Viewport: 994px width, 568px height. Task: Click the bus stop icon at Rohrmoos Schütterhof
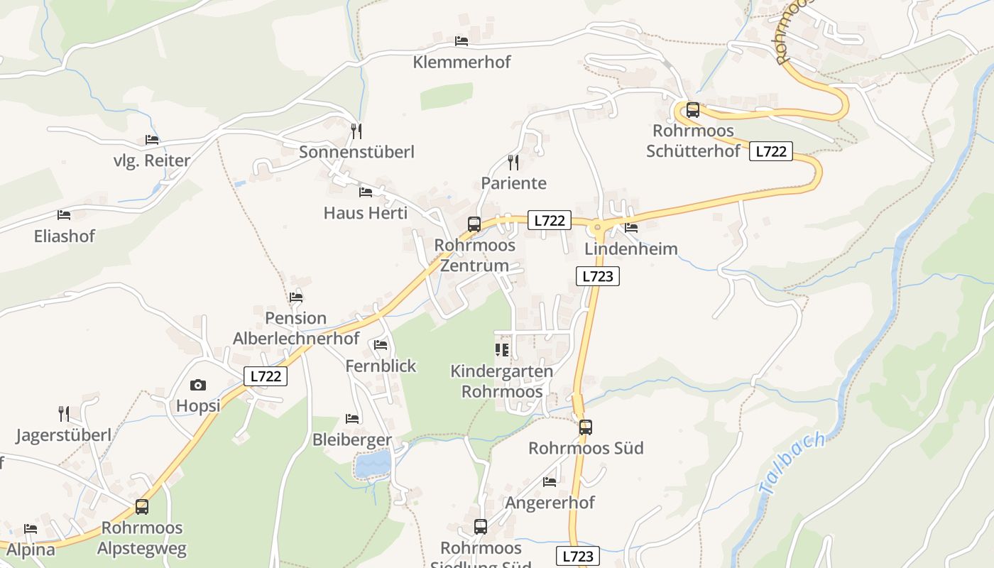pos(692,110)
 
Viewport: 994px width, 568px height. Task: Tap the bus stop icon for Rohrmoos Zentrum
pos(474,224)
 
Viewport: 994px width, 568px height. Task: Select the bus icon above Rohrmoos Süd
pos(585,427)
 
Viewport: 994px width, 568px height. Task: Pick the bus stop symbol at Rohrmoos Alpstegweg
pos(142,507)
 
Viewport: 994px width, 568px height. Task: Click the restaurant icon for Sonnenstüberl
pos(356,131)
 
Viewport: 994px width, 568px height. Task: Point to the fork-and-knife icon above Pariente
pos(513,163)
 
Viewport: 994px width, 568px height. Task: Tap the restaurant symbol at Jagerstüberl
pos(64,414)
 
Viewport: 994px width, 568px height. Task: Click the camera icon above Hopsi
pos(198,386)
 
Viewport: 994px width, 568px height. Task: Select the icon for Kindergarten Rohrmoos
pos(502,350)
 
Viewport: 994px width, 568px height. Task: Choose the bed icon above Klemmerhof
pos(461,41)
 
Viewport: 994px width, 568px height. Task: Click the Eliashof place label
pos(64,236)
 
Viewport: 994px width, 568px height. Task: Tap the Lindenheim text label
pos(630,249)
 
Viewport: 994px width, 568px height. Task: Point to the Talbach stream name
pos(792,463)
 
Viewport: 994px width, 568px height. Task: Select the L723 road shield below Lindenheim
pos(597,276)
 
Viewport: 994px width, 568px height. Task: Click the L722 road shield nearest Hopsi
pos(266,376)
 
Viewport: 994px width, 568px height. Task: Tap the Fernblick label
pos(381,366)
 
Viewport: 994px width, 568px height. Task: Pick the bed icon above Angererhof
pos(550,482)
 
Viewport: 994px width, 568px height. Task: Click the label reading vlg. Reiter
pos(152,161)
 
